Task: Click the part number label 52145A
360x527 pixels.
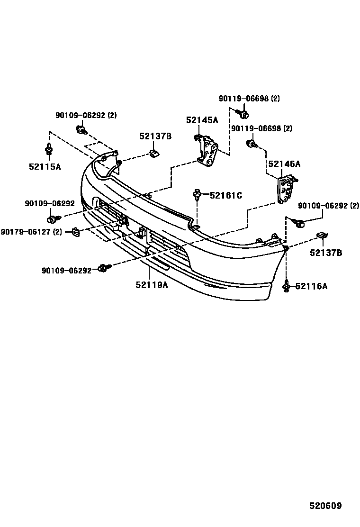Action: tap(202, 120)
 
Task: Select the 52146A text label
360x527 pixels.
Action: tap(284, 164)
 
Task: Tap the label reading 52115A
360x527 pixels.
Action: tap(45, 167)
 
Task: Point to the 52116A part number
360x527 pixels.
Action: tap(311, 286)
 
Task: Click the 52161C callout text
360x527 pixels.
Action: tap(226, 195)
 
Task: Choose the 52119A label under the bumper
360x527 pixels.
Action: tap(152, 285)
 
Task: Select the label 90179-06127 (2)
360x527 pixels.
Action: tap(31, 232)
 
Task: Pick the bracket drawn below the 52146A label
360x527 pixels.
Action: tap(286, 189)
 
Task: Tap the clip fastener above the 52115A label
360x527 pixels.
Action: tap(48, 148)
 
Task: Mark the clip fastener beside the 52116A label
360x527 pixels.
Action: tap(287, 286)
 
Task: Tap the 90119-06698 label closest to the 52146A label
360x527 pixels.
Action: tap(261, 128)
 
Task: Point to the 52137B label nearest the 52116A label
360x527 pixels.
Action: tap(326, 253)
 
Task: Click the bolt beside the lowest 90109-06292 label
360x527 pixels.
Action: tap(103, 269)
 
